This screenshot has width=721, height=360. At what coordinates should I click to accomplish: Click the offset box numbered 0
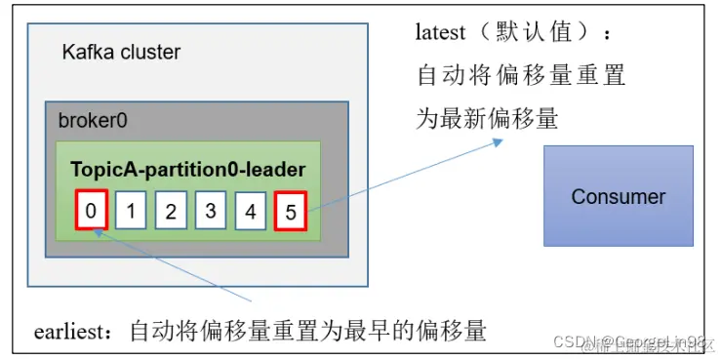tap(91, 210)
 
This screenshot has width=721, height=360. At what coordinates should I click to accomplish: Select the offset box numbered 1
tap(131, 210)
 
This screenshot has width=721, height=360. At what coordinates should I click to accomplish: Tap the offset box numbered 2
tap(171, 210)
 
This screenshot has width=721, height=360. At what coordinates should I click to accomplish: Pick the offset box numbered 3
tap(211, 210)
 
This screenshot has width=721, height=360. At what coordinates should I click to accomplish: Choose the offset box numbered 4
tap(251, 210)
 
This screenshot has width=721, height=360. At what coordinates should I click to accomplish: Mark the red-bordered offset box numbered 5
tap(291, 210)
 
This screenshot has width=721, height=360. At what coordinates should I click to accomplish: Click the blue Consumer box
tap(618, 195)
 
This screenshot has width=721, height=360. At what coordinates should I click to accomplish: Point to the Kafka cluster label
tap(121, 52)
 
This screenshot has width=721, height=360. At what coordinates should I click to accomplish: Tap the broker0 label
tap(93, 121)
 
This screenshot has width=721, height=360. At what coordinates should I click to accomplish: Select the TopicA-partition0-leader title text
tap(187, 169)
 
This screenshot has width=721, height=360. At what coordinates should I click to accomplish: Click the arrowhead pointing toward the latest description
tap(498, 142)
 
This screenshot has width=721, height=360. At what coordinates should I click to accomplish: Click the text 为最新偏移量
tap(487, 119)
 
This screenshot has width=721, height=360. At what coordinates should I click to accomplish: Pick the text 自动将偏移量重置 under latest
tap(521, 75)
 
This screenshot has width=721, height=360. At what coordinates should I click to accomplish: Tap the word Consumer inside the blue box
tap(618, 196)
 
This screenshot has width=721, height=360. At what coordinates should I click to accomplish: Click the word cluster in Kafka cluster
tap(149, 52)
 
